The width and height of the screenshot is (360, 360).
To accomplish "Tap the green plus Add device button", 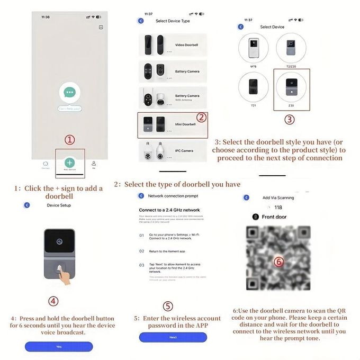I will click(x=69, y=163).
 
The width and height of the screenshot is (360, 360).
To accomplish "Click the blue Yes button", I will click(x=59, y=346).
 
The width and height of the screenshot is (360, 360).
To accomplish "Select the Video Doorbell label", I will click(x=186, y=45).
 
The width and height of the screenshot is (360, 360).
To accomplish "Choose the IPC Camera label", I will click(x=185, y=151).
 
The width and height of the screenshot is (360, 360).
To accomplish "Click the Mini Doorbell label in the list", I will click(x=185, y=124).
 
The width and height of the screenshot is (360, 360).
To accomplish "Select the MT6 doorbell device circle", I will click(x=254, y=49).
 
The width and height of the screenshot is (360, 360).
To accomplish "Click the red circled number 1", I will click(x=70, y=140).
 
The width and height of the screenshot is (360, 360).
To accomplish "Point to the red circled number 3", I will click(x=290, y=120).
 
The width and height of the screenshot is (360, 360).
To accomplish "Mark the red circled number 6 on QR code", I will click(x=279, y=261).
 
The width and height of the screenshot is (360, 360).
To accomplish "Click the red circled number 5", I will click(x=168, y=306).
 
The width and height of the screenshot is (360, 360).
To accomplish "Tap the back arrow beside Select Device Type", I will click(x=141, y=21).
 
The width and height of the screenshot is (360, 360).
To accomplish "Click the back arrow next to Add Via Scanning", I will click(x=246, y=197).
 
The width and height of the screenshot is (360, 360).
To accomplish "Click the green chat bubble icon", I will click(x=69, y=93).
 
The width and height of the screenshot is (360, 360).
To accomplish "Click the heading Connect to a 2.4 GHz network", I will click(x=169, y=210).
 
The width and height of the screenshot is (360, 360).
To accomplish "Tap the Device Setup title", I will click(x=58, y=205).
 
